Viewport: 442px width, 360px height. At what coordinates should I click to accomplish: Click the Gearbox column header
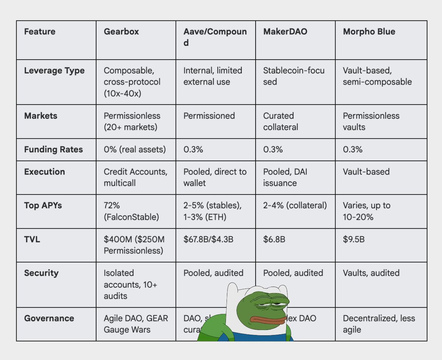[x=121, y=32]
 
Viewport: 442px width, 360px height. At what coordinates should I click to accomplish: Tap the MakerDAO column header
[x=285, y=32]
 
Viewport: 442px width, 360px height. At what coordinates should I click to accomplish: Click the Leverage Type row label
[x=54, y=71]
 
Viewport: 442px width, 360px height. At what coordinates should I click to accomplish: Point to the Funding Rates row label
[x=53, y=149]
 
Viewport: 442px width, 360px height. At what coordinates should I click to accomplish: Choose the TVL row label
[x=32, y=240]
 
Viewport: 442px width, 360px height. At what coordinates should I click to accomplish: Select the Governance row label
[x=49, y=318]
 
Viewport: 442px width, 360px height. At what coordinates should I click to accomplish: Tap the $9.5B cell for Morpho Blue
[x=354, y=240]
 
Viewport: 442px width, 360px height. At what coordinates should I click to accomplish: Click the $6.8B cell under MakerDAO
[x=274, y=240]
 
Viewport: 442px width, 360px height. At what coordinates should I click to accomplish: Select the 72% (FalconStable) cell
[x=131, y=211]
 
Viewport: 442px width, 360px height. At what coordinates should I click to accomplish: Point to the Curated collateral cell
[x=281, y=121]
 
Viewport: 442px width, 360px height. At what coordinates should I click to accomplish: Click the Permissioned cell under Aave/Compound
[x=209, y=116]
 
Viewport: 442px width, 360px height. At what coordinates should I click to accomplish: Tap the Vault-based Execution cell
[x=366, y=172]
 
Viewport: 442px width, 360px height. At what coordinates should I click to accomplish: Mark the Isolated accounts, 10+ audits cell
[x=130, y=284]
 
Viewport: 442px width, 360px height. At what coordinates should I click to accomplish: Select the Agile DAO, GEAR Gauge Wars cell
[x=136, y=324]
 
